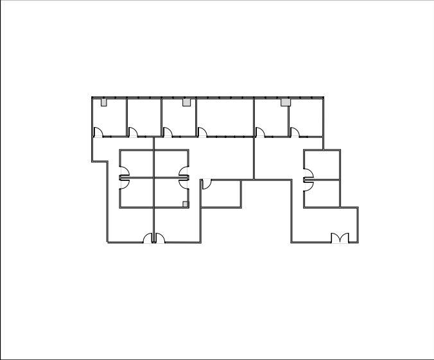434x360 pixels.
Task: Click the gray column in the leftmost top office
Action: point(104,102)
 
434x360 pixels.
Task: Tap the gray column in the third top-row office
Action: point(186,102)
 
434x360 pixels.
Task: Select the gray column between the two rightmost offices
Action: point(286,102)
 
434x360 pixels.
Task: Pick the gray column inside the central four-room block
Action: point(186,204)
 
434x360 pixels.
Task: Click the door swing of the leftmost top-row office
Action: point(98,132)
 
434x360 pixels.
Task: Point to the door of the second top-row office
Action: point(133,132)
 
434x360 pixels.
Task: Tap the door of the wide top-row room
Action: point(202,132)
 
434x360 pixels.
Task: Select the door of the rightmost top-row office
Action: point(295,132)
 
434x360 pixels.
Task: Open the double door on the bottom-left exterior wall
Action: point(154,239)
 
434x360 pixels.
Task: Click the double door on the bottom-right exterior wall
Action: point(340,238)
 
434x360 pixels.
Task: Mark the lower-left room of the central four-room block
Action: point(137,193)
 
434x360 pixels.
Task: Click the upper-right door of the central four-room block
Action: point(184,171)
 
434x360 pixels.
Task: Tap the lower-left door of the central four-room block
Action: point(125,183)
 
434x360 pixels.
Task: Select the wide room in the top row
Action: point(225,117)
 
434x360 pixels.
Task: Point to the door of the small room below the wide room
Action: point(205,184)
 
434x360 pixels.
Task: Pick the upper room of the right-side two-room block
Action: point(322,164)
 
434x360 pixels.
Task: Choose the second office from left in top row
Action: point(144,117)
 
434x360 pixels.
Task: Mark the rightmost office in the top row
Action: point(306,117)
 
